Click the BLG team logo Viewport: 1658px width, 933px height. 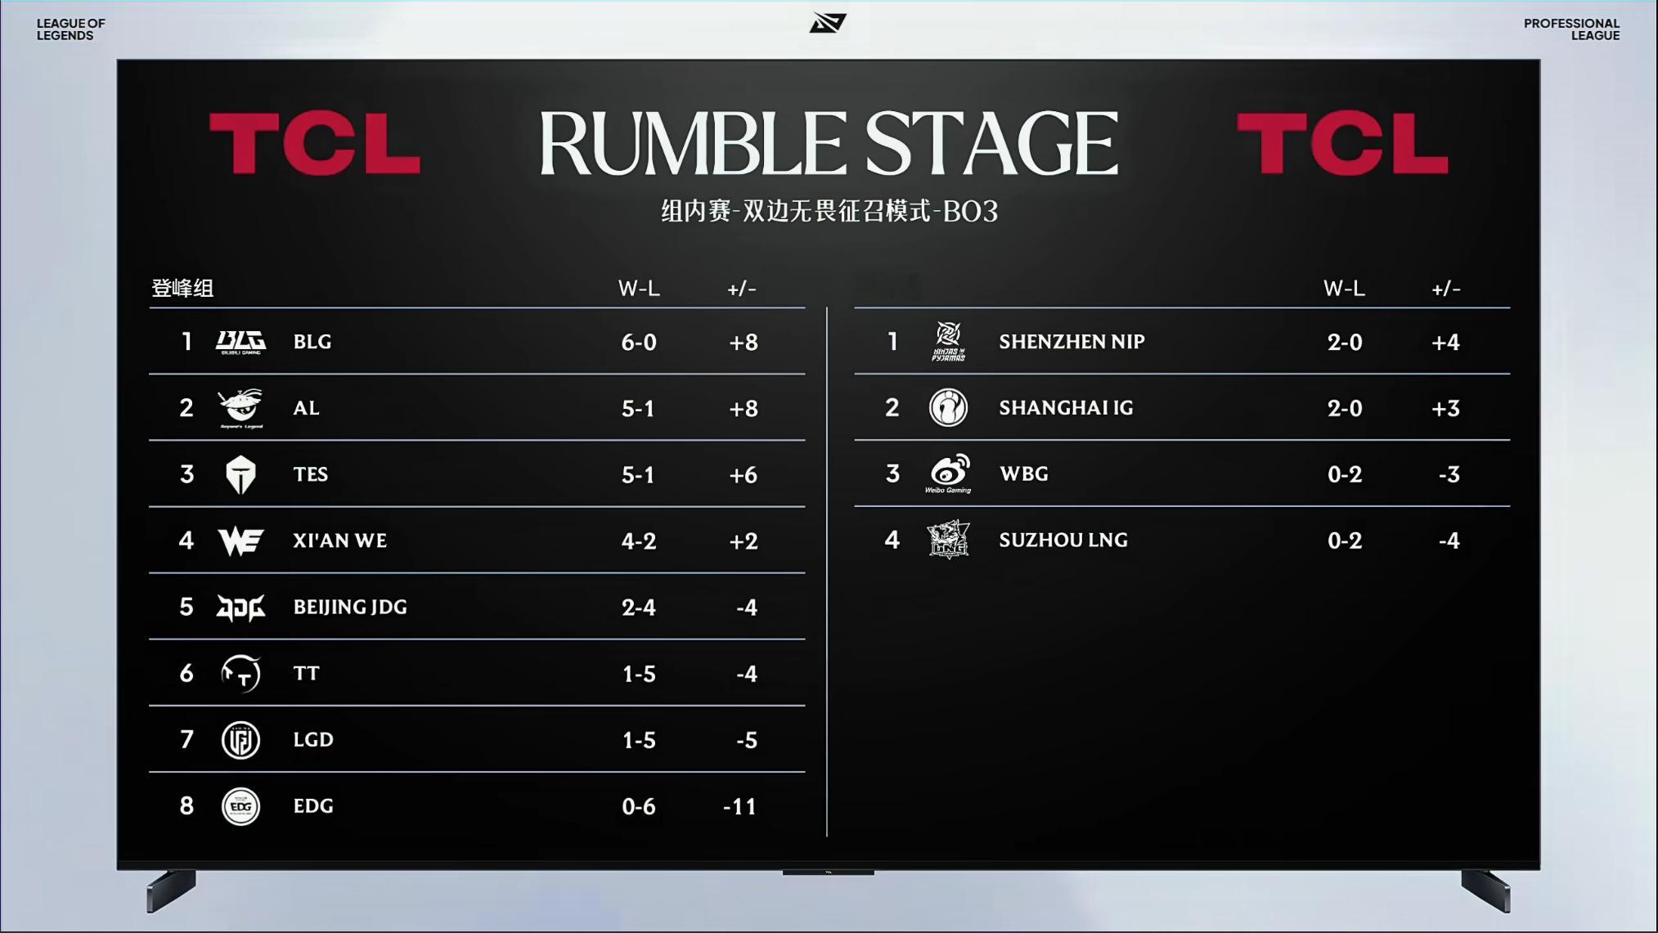240,342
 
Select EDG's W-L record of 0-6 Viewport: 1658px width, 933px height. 639,806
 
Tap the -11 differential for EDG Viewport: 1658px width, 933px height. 740,806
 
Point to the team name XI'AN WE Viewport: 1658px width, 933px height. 340,541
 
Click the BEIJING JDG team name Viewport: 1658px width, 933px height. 350,607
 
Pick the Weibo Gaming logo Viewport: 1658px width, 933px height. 948,473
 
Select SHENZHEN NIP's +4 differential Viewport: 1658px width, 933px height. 1445,342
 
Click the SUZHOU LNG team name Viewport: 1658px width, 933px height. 1063,540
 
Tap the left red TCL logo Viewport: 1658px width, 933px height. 315,144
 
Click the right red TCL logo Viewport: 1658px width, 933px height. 1342,144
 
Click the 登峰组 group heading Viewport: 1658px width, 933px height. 182,289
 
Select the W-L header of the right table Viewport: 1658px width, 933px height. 1344,289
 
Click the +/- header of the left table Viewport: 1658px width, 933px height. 742,289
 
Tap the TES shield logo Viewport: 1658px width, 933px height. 240,474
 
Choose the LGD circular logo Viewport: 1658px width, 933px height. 240,740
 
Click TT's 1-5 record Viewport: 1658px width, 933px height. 639,674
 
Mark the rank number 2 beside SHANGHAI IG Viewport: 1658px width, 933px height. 892,407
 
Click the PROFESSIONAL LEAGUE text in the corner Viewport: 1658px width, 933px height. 1571,29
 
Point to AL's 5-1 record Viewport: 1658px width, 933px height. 638,408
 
